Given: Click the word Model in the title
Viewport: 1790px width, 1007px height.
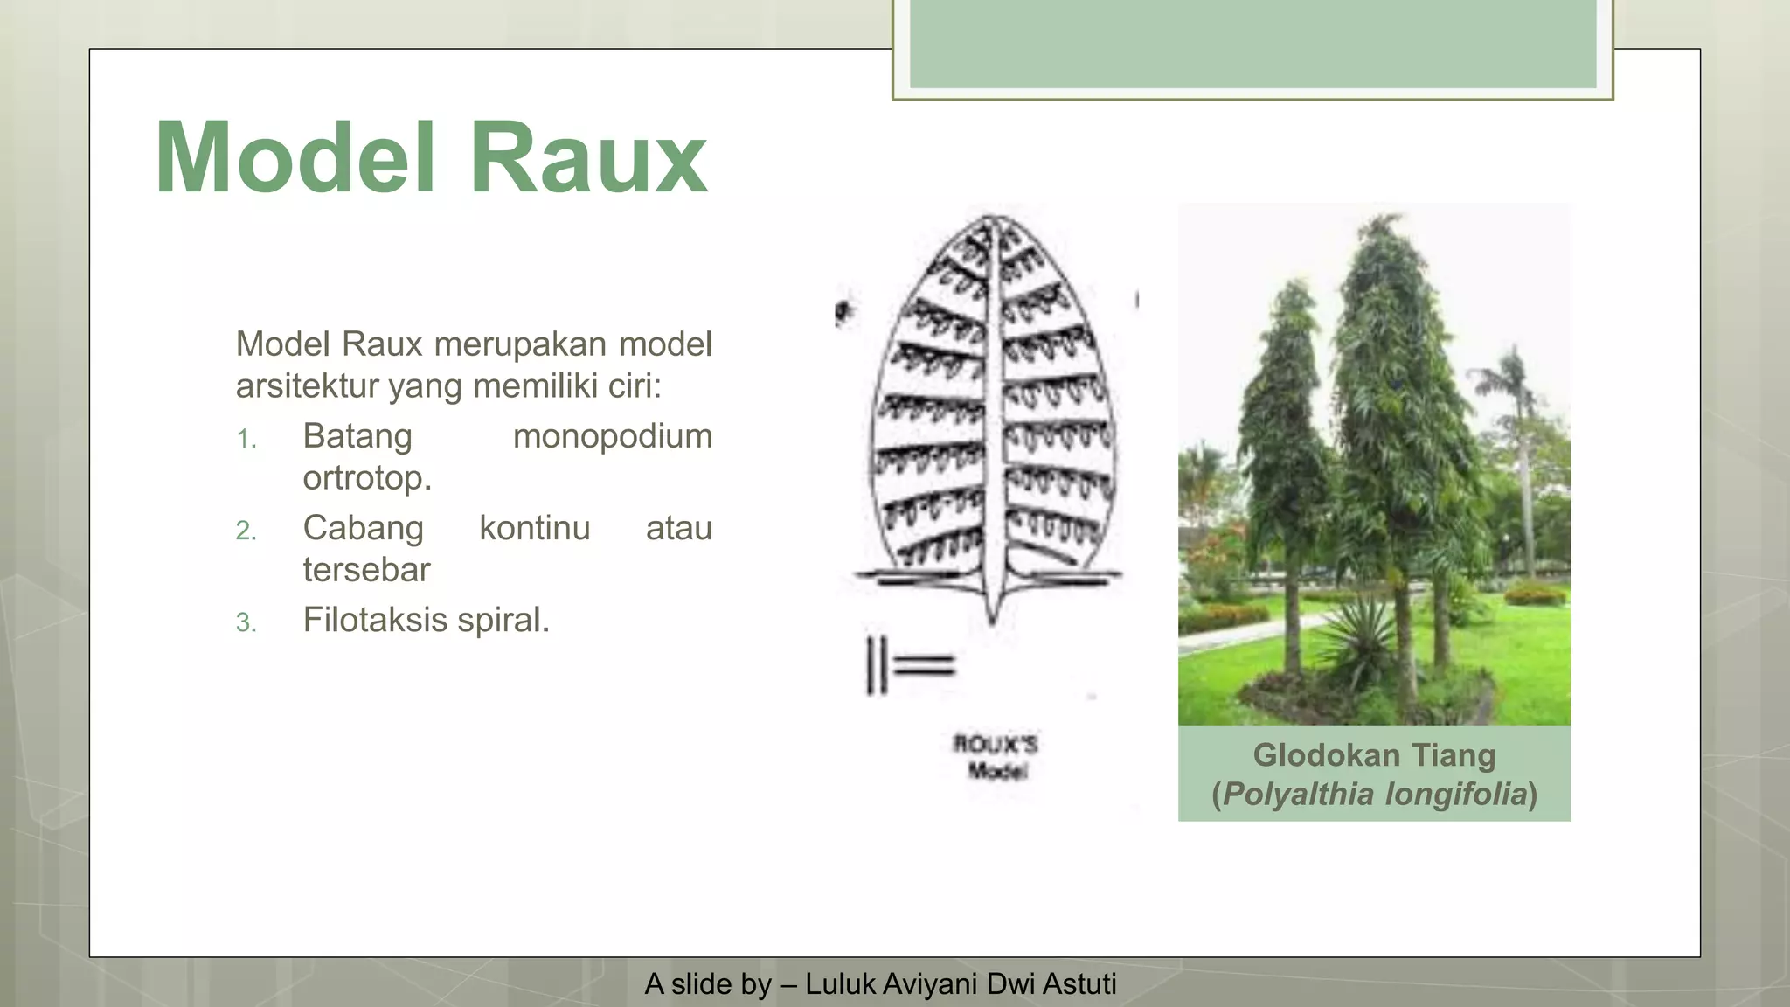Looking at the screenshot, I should click(295, 158).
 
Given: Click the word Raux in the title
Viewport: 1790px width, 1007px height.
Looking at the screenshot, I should click(588, 158).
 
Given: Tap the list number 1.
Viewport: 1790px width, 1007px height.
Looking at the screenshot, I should click(246, 439).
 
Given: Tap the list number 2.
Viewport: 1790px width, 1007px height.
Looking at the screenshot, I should click(246, 531).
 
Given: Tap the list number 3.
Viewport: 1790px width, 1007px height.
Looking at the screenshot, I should click(246, 622).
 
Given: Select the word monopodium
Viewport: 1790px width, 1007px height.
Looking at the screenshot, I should click(612, 436).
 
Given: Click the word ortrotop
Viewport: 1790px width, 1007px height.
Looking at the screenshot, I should click(366, 478).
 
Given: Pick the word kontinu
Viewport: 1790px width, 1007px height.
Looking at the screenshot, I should click(534, 528).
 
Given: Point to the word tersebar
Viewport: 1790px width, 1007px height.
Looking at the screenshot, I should click(366, 570).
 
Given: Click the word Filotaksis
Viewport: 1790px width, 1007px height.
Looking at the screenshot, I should click(375, 620).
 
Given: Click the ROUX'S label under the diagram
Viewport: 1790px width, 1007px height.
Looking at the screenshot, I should click(995, 745).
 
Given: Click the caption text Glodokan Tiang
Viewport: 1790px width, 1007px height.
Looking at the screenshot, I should click(1374, 755).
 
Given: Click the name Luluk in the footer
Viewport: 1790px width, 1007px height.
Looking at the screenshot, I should click(840, 984).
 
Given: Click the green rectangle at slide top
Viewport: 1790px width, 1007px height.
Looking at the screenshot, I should click(1252, 44).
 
